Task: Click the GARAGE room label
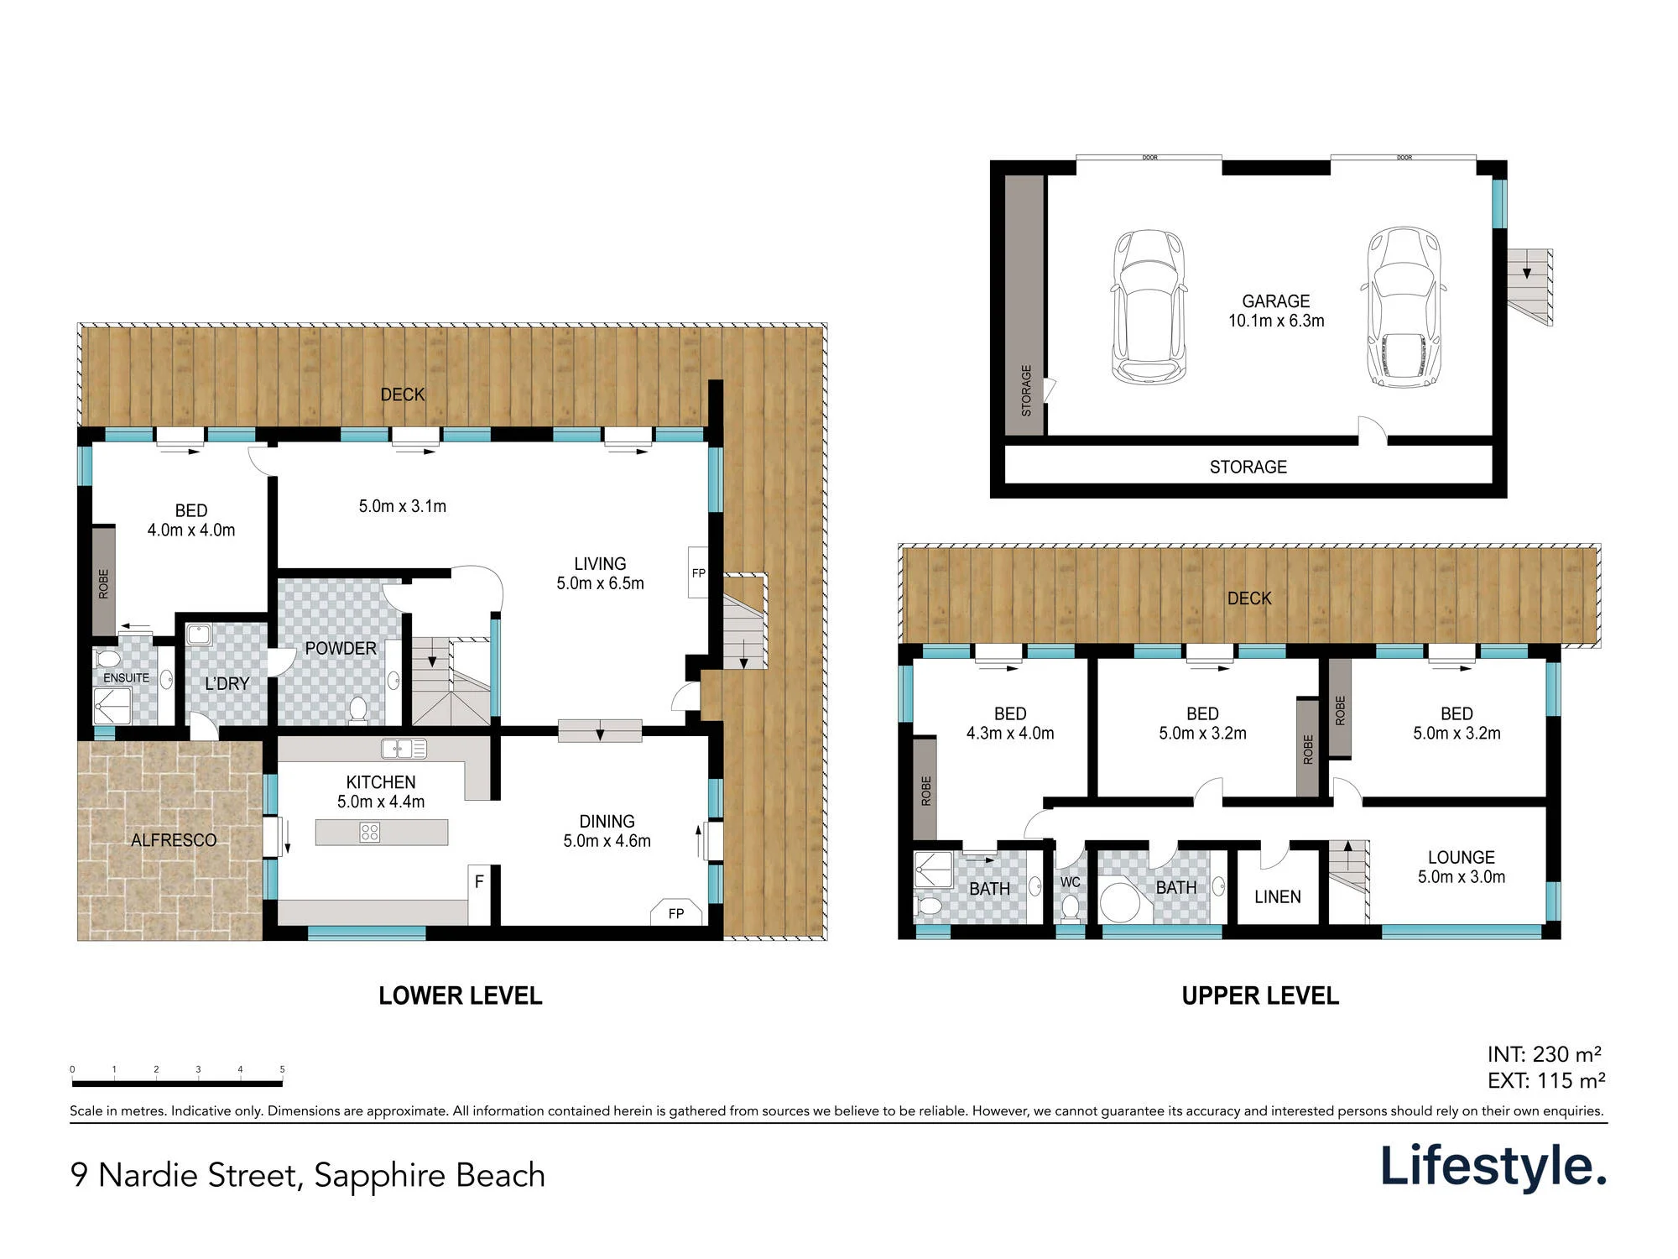click(x=1275, y=300)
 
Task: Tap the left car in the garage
click(x=1149, y=306)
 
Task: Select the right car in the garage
click(x=1404, y=306)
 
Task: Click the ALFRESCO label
click(x=174, y=840)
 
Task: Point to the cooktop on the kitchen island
click(x=370, y=832)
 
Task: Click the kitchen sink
click(x=404, y=748)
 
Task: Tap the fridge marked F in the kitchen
click(x=479, y=882)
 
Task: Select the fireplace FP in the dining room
click(x=676, y=912)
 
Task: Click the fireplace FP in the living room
click(x=698, y=572)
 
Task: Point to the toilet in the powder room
click(x=358, y=710)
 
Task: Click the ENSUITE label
click(x=126, y=678)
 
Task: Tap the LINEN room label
click(x=1277, y=896)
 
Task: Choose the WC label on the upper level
click(x=1070, y=882)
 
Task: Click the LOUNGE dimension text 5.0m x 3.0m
click(x=1462, y=877)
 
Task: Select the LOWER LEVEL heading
click(x=461, y=995)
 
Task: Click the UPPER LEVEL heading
click(x=1260, y=995)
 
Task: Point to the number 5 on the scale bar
click(x=282, y=1069)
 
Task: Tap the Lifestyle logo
click(x=1493, y=1167)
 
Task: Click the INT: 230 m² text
click(x=1545, y=1054)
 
